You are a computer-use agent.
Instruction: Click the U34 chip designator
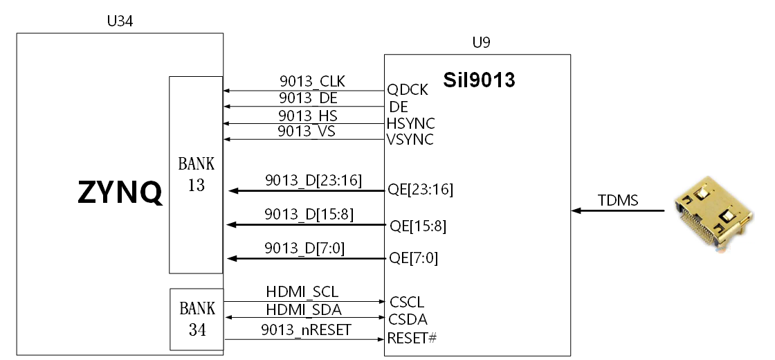pyautogui.click(x=120, y=21)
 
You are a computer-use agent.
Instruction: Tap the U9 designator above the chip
pyautogui.click(x=481, y=42)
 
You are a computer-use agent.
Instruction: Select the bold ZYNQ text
pyautogui.click(x=120, y=192)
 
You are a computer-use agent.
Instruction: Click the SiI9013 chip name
pyautogui.click(x=479, y=80)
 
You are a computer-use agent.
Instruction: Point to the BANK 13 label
pyautogui.click(x=197, y=174)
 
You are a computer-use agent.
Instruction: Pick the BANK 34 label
pyautogui.click(x=197, y=319)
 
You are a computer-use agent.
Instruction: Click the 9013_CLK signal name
pyautogui.click(x=312, y=81)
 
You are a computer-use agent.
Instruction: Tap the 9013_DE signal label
pyautogui.click(x=308, y=98)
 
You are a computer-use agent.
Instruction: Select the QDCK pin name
pyautogui.click(x=408, y=89)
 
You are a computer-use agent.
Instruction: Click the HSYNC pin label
pyautogui.click(x=411, y=123)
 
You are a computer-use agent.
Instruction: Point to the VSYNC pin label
pyautogui.click(x=410, y=140)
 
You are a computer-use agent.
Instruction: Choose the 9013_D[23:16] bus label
pyautogui.click(x=313, y=181)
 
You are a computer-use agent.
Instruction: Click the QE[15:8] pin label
pyautogui.click(x=418, y=226)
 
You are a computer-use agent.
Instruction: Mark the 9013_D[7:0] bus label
pyautogui.click(x=304, y=249)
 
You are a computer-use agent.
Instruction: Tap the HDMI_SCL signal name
pyautogui.click(x=302, y=291)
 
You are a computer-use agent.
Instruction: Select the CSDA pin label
pyautogui.click(x=408, y=319)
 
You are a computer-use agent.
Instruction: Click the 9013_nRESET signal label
pyautogui.click(x=306, y=330)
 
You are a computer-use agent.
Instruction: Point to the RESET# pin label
pyautogui.click(x=412, y=339)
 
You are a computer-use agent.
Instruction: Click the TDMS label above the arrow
pyautogui.click(x=618, y=200)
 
